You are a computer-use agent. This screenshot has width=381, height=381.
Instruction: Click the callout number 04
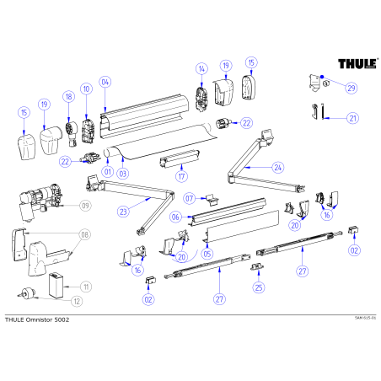coord(105,83)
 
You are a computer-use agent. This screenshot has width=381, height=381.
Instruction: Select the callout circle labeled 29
coord(351,88)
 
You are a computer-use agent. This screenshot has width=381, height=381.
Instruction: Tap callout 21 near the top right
coord(352,119)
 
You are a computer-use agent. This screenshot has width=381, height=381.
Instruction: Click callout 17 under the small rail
coord(180,177)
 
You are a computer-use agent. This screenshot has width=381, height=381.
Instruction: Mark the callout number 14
coord(201,68)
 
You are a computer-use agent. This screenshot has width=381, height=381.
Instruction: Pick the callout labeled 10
coord(86,89)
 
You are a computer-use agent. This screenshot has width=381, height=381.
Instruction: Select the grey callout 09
coord(85,206)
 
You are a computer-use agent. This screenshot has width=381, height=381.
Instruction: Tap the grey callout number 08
coord(84,235)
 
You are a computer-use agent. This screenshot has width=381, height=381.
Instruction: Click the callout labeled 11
coord(85,287)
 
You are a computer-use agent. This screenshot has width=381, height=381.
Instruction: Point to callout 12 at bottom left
coord(76,300)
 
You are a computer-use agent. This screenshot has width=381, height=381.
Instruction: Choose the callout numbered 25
coord(259,287)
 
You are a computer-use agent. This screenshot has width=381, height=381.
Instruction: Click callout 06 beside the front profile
coord(176,217)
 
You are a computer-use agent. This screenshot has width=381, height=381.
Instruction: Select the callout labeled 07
coord(190,199)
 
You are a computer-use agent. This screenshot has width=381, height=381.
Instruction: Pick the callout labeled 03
coord(122,173)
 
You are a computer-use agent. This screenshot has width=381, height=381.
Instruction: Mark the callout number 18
coord(69,99)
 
